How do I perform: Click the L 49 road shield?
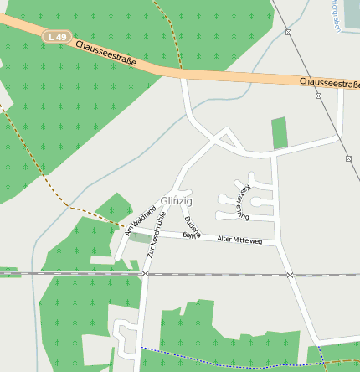point(56,37)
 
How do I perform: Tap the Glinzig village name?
point(176,202)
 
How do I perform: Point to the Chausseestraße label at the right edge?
point(329,84)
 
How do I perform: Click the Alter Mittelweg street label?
point(239,240)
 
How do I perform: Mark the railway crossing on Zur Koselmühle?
point(145,274)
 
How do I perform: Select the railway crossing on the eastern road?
point(290,275)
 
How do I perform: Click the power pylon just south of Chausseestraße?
point(319,96)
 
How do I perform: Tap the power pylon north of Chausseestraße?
point(288,32)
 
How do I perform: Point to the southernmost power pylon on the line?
point(348,158)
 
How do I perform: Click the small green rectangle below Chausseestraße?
point(279,133)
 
